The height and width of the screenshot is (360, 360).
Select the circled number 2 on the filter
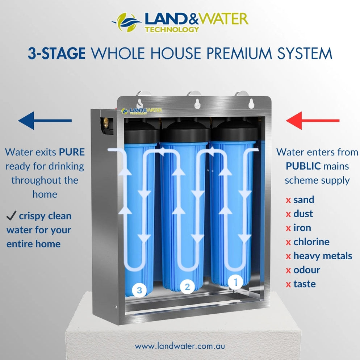pos(187,287)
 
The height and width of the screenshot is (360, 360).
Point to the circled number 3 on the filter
pos(139,290)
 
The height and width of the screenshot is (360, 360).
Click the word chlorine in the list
pos(311,242)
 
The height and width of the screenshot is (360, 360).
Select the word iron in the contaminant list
pos(302,228)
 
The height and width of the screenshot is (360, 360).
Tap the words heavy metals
pos(322,256)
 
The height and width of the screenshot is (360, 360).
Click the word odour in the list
pos(307,270)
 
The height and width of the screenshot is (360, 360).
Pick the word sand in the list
pos(304,200)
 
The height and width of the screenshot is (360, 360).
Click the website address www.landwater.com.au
pos(180,346)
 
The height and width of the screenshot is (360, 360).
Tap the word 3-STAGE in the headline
pos(57,54)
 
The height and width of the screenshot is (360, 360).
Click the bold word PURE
pos(72,152)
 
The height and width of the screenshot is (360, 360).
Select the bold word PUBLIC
pos(303,166)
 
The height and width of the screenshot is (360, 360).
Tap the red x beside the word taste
pos(288,284)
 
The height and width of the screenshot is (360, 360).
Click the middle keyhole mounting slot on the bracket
pos(197,103)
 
